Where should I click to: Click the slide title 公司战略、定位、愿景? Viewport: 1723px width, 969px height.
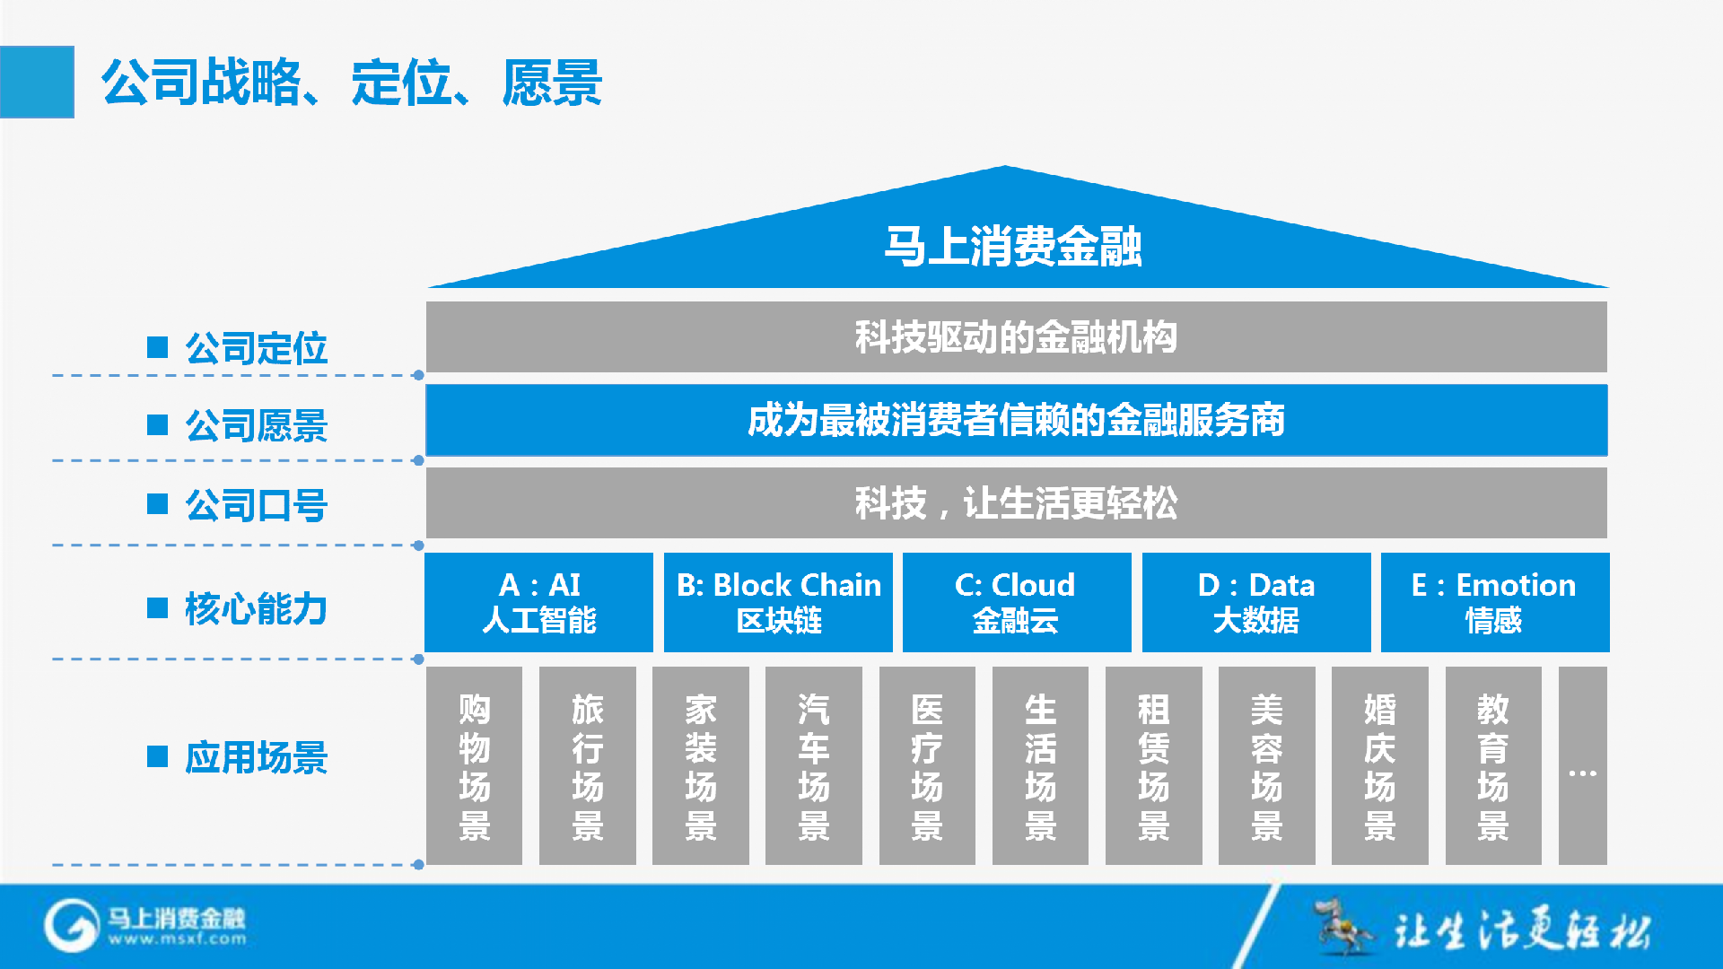[351, 83]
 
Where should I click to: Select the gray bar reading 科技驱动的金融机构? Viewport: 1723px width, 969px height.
[1016, 337]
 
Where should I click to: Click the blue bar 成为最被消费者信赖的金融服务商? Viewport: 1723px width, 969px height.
[1016, 420]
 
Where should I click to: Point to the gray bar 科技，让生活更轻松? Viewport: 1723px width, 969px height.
[1016, 502]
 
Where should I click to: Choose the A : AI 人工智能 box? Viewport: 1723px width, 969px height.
[538, 602]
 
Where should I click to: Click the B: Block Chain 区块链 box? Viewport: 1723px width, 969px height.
[778, 602]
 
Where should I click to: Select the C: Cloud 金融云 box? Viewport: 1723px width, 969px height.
[1017, 602]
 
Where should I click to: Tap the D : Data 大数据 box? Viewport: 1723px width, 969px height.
[1256, 602]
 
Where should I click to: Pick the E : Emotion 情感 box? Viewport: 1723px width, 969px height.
[1495, 602]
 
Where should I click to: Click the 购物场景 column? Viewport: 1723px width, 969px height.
[474, 765]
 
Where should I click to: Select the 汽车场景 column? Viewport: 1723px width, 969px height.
[814, 765]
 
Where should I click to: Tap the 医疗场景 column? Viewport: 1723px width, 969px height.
[927, 765]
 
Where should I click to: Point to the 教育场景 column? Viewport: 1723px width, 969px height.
[1493, 765]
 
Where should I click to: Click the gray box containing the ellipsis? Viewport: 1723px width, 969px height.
[1583, 765]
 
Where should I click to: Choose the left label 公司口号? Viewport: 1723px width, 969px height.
[256, 505]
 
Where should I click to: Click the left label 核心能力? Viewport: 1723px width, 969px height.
[256, 608]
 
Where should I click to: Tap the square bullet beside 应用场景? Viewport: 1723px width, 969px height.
[158, 756]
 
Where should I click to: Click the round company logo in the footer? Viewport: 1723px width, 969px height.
[72, 926]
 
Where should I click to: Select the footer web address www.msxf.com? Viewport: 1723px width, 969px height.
[178, 939]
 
